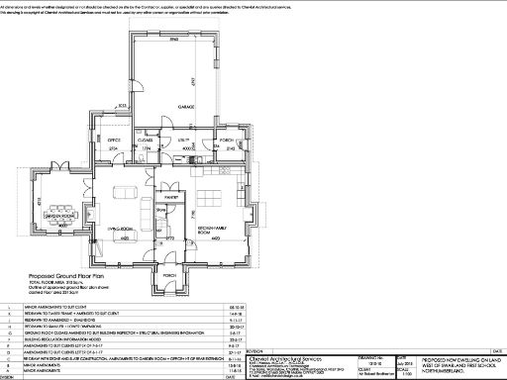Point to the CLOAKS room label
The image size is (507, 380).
[145, 141]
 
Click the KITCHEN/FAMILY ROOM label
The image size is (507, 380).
[212, 230]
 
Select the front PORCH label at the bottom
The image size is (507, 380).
[169, 274]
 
